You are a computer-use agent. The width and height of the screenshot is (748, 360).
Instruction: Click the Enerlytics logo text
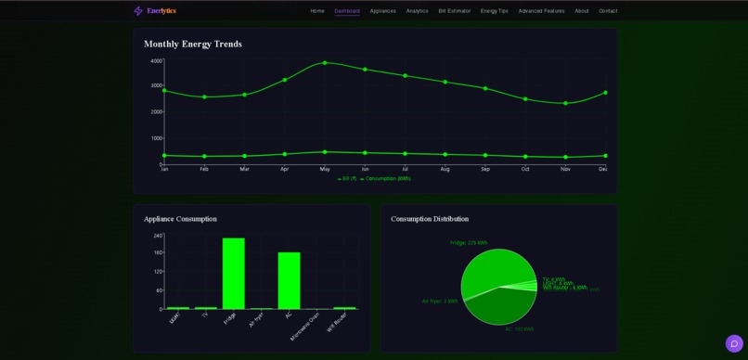161,11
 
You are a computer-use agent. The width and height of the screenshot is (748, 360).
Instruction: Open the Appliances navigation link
382,11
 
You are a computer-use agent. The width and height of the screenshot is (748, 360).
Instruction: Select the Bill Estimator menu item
455,11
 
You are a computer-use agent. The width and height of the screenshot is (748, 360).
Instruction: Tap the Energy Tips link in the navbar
495,11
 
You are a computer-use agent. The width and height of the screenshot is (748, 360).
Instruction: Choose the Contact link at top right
608,11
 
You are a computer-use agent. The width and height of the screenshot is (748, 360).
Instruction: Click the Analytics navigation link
417,11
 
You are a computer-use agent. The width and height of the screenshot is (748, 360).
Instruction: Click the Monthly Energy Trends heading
193,44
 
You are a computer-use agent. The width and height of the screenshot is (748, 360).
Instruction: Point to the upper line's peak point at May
325,63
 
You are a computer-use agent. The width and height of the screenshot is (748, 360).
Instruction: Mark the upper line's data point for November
565,103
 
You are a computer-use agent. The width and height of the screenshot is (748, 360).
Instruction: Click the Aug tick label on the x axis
445,169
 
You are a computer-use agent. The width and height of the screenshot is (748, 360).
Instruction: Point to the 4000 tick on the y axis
156,61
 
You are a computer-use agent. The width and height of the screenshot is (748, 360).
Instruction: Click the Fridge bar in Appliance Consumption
233,274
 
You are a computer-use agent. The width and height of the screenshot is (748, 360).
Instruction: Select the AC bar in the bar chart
289,280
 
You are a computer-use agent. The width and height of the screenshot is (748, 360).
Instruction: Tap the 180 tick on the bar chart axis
157,252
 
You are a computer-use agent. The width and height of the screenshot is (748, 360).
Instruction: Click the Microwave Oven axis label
306,326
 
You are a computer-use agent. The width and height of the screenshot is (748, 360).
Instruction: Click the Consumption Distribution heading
430,219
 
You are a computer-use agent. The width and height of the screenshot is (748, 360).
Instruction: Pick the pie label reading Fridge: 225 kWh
469,243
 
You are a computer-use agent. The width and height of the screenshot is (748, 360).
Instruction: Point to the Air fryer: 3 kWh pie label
440,301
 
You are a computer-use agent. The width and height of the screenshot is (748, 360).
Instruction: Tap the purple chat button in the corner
734,343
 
